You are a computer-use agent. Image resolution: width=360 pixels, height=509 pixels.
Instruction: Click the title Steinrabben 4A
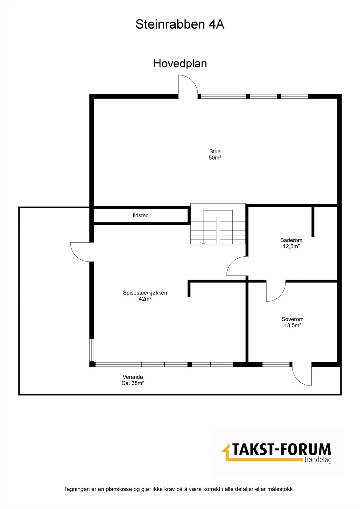point(180,24)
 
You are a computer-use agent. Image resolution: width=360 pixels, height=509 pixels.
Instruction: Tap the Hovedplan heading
point(180,64)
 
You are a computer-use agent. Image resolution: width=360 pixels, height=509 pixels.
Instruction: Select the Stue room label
point(215,151)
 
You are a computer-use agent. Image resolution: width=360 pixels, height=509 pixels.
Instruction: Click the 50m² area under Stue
point(215,158)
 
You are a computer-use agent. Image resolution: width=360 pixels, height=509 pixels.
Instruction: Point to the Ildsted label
point(141,215)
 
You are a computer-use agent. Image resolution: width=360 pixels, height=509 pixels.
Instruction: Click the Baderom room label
point(291,240)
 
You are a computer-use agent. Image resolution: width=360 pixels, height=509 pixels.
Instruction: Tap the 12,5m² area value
point(291,246)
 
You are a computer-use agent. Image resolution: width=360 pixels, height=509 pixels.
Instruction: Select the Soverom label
point(293,319)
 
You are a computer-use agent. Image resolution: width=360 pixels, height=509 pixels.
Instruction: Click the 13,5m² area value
point(293,325)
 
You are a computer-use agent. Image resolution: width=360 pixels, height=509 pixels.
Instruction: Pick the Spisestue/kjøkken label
point(145,293)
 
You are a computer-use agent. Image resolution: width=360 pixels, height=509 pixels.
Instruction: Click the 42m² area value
point(145,299)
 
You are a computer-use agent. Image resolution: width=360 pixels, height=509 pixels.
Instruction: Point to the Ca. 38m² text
point(133,383)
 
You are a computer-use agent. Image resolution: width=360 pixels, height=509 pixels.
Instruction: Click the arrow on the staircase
point(203,243)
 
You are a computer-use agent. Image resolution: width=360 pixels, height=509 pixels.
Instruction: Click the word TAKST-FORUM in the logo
point(281,450)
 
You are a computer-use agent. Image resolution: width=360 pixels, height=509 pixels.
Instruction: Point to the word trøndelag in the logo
point(318,459)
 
